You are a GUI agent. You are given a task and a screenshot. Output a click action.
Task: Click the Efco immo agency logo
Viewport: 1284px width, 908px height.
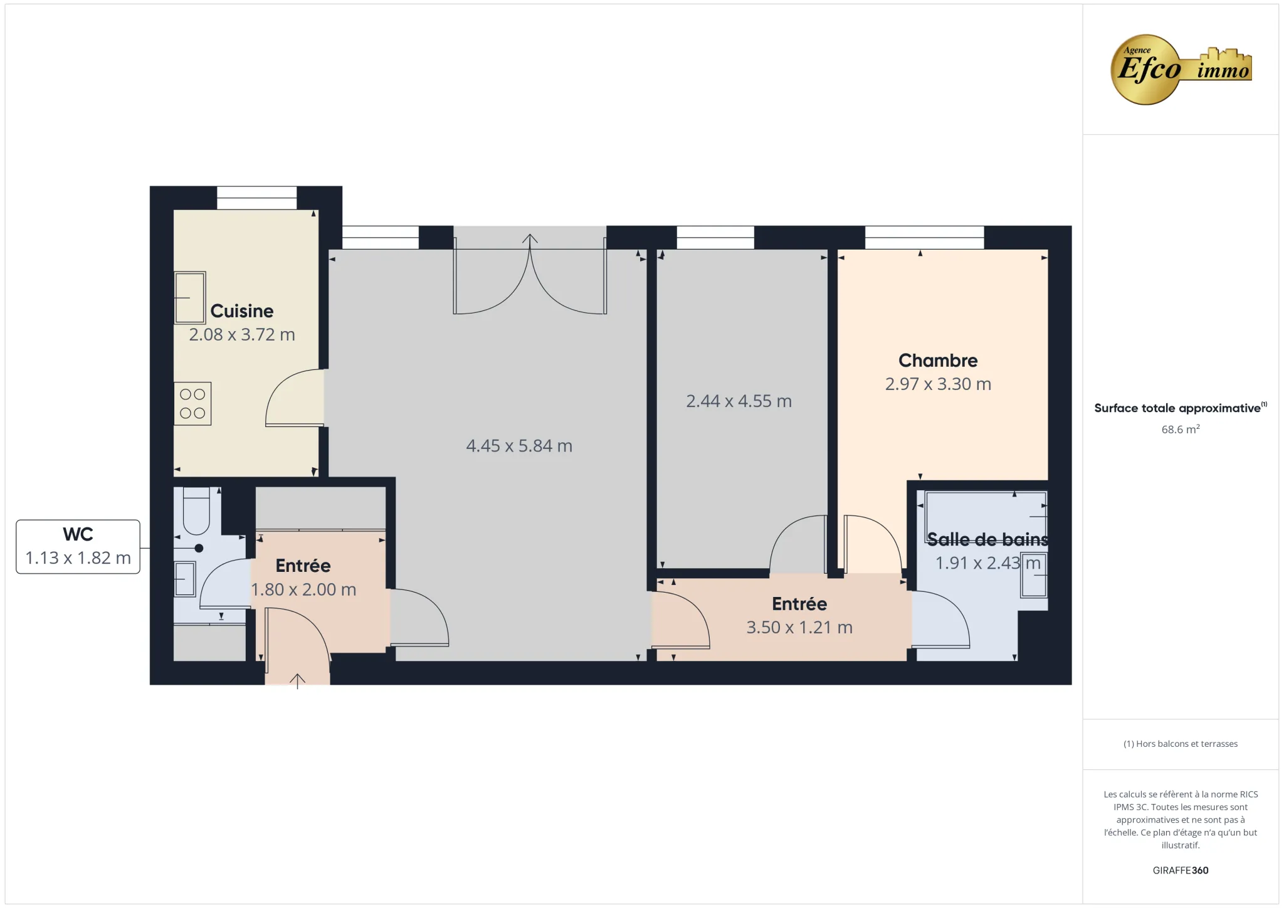pyautogui.click(x=1180, y=69)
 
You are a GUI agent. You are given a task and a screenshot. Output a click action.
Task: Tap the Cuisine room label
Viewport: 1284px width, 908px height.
pyautogui.click(x=242, y=311)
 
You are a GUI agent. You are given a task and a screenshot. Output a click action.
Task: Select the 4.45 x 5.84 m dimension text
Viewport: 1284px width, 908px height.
pyautogui.click(x=519, y=446)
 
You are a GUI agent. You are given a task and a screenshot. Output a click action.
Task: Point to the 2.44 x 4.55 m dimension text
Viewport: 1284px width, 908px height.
pyautogui.click(x=739, y=401)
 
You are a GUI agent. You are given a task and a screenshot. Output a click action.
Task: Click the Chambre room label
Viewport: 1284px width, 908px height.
pyautogui.click(x=938, y=361)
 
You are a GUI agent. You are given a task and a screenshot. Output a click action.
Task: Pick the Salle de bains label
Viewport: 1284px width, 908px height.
pyautogui.click(x=987, y=539)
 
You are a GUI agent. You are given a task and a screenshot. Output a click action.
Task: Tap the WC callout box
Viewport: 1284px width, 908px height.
pyautogui.click(x=78, y=546)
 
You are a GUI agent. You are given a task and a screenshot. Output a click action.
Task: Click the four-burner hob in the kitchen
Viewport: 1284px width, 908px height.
pyautogui.click(x=192, y=404)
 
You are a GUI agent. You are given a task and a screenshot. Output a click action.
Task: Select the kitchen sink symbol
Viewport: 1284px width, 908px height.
pyautogui.click(x=190, y=297)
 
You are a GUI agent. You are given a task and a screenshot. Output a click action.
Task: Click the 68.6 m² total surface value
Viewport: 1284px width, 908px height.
pyautogui.click(x=1180, y=430)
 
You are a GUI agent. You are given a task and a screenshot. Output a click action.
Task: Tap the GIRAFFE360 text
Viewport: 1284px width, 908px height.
pyautogui.click(x=1180, y=870)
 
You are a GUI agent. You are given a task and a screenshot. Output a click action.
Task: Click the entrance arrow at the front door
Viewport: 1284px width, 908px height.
pyautogui.click(x=297, y=680)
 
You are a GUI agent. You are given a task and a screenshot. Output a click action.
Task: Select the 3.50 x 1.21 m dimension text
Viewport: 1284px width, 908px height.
pyautogui.click(x=799, y=628)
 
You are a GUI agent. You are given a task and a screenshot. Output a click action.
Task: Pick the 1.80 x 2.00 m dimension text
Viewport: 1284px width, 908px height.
pyautogui.click(x=303, y=590)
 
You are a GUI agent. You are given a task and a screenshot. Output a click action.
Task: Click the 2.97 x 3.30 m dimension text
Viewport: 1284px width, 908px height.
pyautogui.click(x=938, y=384)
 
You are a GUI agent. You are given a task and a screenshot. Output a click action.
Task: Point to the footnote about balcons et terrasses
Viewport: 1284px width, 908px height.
pyautogui.click(x=1180, y=744)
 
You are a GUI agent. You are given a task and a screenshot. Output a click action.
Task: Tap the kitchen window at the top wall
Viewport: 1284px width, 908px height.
pyautogui.click(x=256, y=198)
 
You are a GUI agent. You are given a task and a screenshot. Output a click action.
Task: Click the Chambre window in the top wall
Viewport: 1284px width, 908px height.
pyautogui.click(x=924, y=238)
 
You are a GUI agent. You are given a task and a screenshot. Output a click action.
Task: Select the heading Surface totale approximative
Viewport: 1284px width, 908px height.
pyautogui.click(x=1177, y=408)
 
